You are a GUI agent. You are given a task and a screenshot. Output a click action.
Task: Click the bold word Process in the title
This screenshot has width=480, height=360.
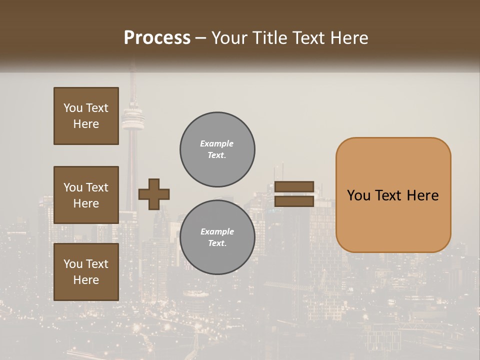tap(157, 38)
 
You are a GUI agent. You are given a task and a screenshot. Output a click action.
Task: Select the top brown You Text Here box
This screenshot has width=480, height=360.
tap(86, 116)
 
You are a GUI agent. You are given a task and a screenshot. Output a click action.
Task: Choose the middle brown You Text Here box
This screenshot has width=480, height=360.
tap(86, 195)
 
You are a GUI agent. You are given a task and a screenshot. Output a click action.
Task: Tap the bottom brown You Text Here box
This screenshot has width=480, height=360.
tap(86, 272)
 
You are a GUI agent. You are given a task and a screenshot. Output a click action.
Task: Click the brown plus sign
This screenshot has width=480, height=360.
tap(153, 194)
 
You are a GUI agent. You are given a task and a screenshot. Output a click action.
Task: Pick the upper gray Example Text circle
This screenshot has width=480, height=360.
tap(217, 149)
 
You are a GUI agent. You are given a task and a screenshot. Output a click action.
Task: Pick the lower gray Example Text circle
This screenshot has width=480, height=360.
tap(217, 237)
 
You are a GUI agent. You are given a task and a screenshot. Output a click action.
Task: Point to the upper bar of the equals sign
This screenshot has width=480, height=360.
tap(294, 187)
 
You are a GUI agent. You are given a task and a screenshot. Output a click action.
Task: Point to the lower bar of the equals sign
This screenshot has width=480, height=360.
tap(294, 201)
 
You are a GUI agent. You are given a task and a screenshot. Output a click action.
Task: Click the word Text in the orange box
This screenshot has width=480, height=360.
tap(390, 195)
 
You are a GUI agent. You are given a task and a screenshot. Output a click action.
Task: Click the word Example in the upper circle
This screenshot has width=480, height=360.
tap(217, 143)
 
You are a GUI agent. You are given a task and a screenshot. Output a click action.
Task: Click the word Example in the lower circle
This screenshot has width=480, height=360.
tap(217, 231)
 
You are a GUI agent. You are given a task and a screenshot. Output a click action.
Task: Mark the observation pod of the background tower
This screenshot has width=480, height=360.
tap(132, 118)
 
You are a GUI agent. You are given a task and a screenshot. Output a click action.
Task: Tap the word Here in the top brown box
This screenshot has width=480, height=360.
tap(86, 124)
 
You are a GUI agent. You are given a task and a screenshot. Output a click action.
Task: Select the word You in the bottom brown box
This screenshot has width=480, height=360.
tap(72, 264)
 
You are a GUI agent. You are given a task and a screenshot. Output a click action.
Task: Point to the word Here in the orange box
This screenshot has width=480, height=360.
tap(422, 195)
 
